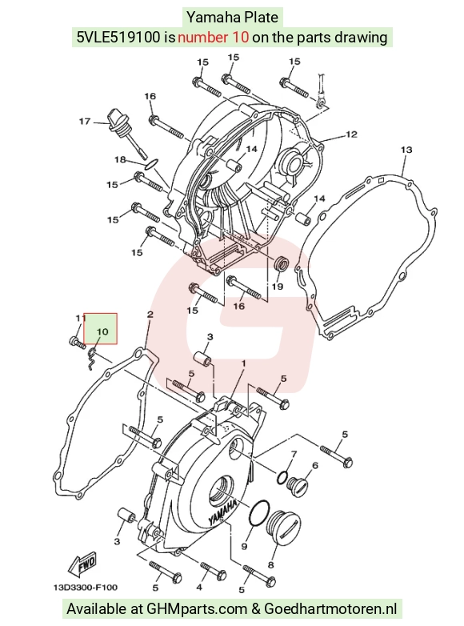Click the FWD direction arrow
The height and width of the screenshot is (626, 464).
tap(82, 564)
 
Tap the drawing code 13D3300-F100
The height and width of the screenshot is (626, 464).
tap(86, 588)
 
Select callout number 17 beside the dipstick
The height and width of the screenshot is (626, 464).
tap(85, 121)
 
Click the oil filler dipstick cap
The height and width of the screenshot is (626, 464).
tap(118, 119)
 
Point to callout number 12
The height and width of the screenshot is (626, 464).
tap(351, 134)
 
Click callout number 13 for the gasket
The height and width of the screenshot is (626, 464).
tap(406, 150)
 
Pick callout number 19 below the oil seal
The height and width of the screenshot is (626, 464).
tap(278, 287)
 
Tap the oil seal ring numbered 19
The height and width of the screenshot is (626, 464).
tap(282, 264)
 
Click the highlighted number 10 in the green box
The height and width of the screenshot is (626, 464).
tap(102, 331)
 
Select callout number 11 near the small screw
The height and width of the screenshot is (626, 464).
tap(81, 318)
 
